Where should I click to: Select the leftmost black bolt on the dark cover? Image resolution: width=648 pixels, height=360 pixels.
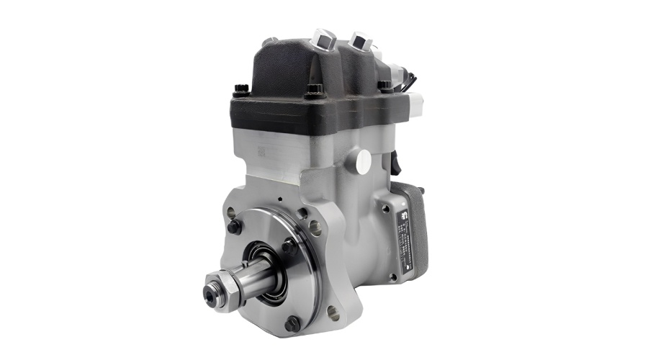click(241, 91)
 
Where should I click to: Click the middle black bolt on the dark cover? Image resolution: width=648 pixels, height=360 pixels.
click(314, 92)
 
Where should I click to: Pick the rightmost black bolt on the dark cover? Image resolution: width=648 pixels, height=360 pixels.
click(385, 86)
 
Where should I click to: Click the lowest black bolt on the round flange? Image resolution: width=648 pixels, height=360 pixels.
click(292, 324)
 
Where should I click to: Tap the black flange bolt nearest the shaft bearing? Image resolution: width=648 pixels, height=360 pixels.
click(288, 246)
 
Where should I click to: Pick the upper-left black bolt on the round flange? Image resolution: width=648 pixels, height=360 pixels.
click(234, 225)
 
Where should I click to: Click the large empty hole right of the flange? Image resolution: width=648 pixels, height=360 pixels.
click(315, 228)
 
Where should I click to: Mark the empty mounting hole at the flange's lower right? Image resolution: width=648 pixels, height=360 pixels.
click(332, 313)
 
